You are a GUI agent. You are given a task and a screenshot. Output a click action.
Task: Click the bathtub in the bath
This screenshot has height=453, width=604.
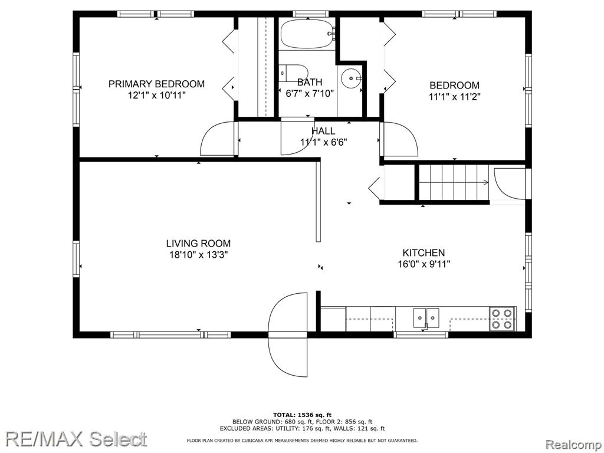pyautogui.click(x=307, y=34)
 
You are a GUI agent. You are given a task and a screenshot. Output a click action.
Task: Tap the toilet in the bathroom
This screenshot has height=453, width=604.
pyautogui.click(x=294, y=73)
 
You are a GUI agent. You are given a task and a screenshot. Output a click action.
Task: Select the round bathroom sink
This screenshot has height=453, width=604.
pyautogui.click(x=352, y=78)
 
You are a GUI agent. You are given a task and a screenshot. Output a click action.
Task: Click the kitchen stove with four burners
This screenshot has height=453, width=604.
pyautogui.click(x=503, y=319)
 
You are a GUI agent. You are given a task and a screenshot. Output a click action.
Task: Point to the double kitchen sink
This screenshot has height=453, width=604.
pyautogui.click(x=426, y=318)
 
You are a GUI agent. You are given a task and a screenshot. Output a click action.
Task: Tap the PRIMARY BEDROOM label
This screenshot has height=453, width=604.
pyautogui.click(x=156, y=84)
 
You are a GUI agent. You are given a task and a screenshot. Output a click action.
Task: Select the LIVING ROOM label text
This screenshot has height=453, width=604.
pyautogui.click(x=198, y=244)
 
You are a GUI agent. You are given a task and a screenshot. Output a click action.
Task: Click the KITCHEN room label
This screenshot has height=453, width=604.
pyautogui.click(x=424, y=252)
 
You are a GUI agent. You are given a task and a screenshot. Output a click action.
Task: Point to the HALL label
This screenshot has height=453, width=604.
pyautogui.click(x=323, y=131)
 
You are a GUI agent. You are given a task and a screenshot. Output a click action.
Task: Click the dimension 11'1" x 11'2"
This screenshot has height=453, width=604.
pyautogui.click(x=455, y=97)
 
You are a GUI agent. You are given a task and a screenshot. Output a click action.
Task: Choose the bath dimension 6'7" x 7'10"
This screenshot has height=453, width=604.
pyautogui.click(x=309, y=93)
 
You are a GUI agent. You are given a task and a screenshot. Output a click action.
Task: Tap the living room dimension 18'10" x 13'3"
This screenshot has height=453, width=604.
pyautogui.click(x=198, y=255)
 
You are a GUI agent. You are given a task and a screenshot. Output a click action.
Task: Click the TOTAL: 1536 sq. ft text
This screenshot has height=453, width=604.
pyautogui.click(x=302, y=415)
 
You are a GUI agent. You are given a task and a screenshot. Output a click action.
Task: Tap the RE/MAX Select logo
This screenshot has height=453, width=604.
pyautogui.click(x=76, y=439)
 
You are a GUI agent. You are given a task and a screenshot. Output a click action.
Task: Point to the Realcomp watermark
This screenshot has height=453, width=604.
pyautogui.click(x=573, y=445)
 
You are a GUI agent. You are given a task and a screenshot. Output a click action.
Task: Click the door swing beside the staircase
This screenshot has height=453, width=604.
pyautogui.click(x=508, y=183)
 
